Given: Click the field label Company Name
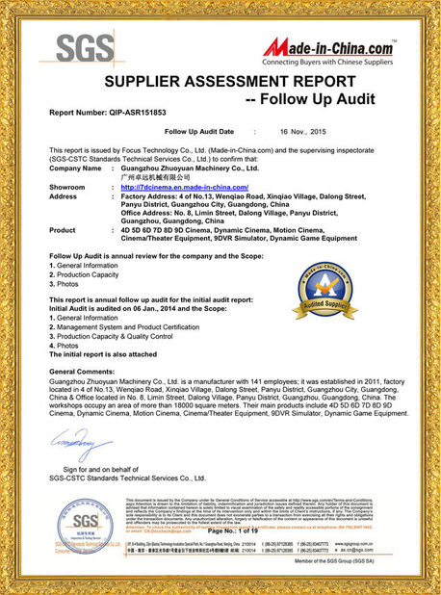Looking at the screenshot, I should point(74,168).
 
